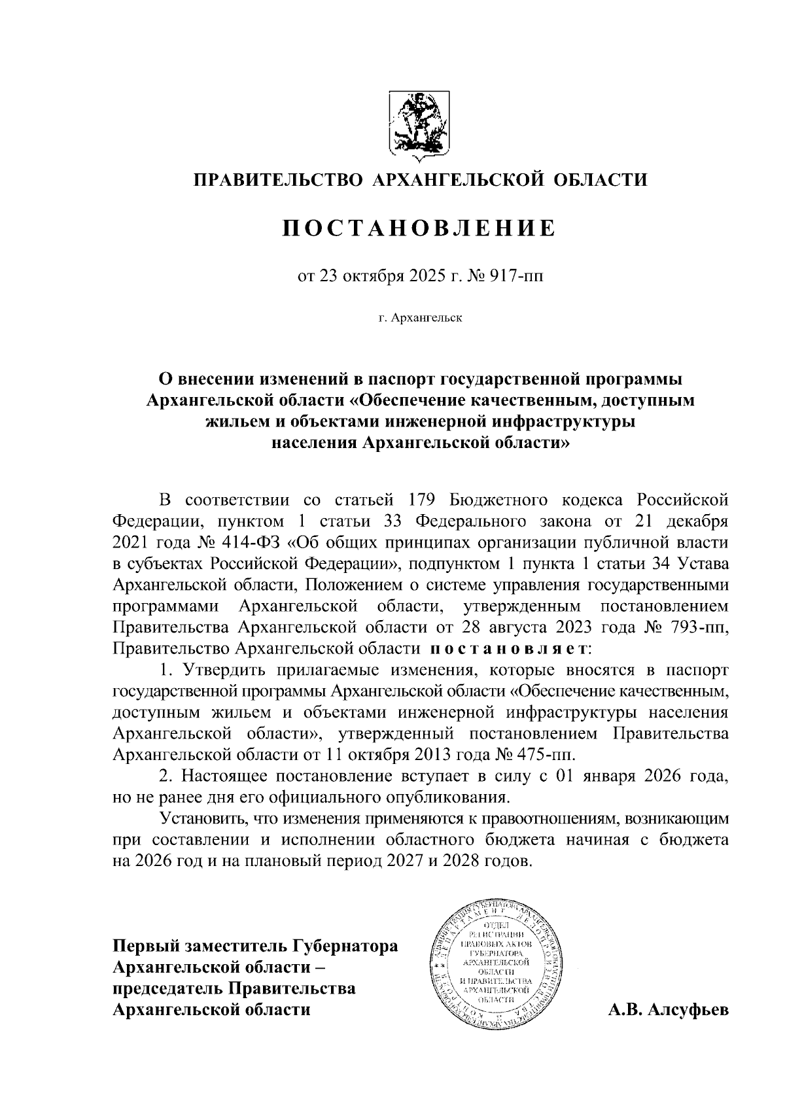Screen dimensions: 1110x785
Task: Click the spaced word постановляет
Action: click(x=509, y=649)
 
